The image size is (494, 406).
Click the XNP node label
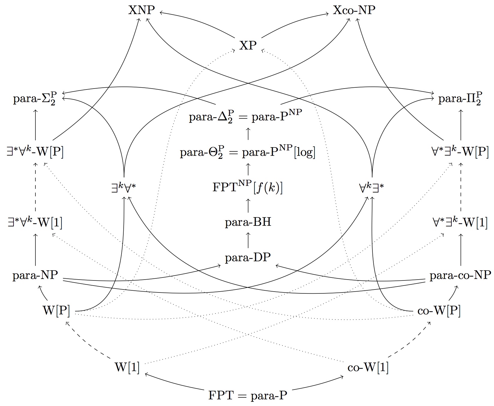coord(141,11)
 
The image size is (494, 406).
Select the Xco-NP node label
coord(354,11)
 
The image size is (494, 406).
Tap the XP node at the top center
coord(248,46)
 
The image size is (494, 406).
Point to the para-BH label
coord(248,223)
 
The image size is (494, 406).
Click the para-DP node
coord(248,257)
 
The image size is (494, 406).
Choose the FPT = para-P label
coord(248,395)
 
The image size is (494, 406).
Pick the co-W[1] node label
coord(368,368)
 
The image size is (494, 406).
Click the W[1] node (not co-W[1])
coord(127,368)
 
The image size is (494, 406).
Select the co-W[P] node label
coord(439,311)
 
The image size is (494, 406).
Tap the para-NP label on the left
coord(35,275)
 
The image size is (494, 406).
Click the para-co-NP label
coord(460,275)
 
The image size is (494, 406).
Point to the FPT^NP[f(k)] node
coord(248,188)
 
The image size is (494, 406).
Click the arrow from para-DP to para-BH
coord(248,240)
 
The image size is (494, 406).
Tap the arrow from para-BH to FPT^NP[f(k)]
coord(248,205)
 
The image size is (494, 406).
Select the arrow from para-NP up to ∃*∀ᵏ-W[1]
coord(35,249)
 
